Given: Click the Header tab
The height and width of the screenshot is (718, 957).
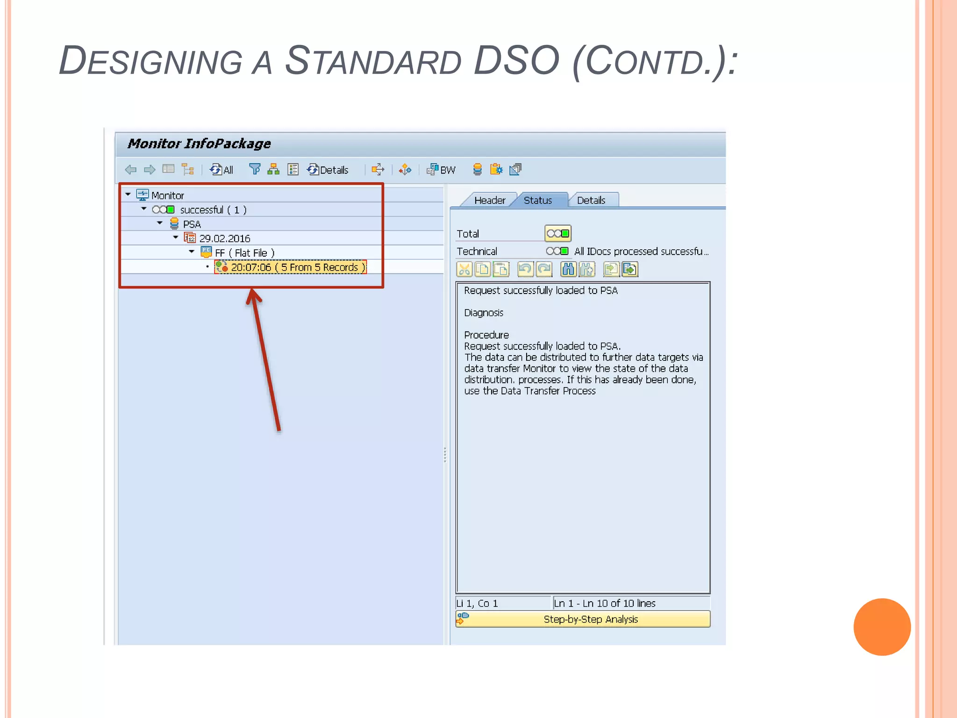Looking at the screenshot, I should pos(489,201).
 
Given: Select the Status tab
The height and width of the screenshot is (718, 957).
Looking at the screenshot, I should pos(538,201).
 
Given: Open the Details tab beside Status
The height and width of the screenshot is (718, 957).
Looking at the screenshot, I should pos(591,201).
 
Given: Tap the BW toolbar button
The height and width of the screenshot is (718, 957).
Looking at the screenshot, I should pos(442,170).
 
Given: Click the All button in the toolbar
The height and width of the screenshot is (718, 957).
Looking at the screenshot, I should pos(222,170).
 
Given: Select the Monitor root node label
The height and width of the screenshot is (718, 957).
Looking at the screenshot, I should pos(167,196).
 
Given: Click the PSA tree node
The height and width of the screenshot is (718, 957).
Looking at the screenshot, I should pos(192,224).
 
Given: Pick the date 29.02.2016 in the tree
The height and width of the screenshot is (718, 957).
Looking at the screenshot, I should pos(224,239).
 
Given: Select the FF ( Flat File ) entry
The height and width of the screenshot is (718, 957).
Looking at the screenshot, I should pos(244,253).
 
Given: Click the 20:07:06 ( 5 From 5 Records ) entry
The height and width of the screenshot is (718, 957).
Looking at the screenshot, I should pos(297,267).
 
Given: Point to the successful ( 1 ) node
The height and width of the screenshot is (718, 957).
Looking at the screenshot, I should pos(213,210).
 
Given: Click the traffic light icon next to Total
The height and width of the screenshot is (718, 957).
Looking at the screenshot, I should pos(558,233).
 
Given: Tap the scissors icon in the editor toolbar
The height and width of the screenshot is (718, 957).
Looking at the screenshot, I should pos(464,270).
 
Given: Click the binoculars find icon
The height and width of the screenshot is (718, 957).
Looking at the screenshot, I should pos(568,270).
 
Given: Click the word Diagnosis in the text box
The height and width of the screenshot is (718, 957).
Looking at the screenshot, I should pos(484,313).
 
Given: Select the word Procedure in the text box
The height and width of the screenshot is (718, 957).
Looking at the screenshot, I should pos(486,335).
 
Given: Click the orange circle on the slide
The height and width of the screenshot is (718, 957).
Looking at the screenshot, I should pos(882,627).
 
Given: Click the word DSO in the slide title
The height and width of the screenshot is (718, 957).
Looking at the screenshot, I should pos(516,61).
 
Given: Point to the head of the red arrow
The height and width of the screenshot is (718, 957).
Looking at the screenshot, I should pos(253,294).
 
